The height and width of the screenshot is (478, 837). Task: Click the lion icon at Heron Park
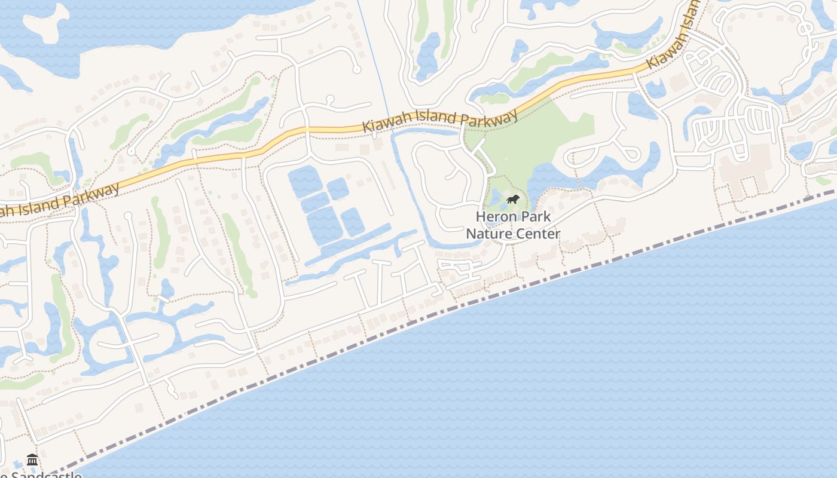[x=512, y=199]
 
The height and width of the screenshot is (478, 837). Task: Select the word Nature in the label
[x=487, y=233]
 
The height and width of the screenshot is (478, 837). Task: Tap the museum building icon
[x=33, y=459]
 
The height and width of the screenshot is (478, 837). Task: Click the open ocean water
[x=598, y=370]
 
